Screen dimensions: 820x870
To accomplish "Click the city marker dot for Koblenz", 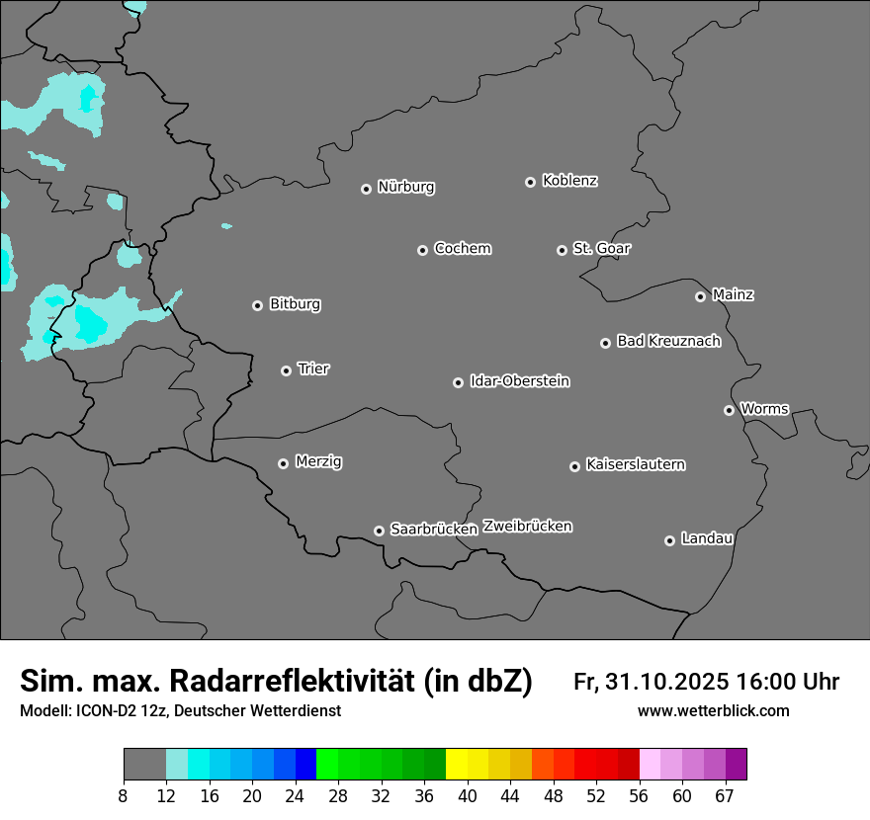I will pyautogui.click(x=530, y=182).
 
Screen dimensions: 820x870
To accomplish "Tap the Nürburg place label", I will pyautogui.click(x=405, y=187).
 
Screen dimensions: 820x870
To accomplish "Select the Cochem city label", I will pyautogui.click(x=462, y=248).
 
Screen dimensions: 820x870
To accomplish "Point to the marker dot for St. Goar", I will pyautogui.click(x=562, y=250).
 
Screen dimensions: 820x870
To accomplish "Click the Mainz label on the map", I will pyautogui.click(x=733, y=294).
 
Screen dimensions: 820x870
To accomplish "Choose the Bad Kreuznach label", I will pyautogui.click(x=668, y=341).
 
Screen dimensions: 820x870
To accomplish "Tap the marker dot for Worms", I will pyautogui.click(x=729, y=410).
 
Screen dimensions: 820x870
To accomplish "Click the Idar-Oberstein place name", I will pyautogui.click(x=519, y=380).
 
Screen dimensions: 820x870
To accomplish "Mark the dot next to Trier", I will pyautogui.click(x=286, y=370).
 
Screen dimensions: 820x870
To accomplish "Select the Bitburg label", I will pyautogui.click(x=295, y=304).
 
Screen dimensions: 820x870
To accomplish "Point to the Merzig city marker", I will pyautogui.click(x=283, y=463).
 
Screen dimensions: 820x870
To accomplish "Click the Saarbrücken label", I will pyautogui.click(x=434, y=530).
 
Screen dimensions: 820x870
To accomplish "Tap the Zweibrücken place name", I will pyautogui.click(x=527, y=527).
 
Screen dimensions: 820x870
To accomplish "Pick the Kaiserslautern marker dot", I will pyautogui.click(x=574, y=466).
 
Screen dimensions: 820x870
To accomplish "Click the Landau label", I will pyautogui.click(x=707, y=538).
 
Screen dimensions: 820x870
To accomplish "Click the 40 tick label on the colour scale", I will pyautogui.click(x=468, y=796).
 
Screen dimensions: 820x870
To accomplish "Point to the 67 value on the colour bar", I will pyautogui.click(x=725, y=796).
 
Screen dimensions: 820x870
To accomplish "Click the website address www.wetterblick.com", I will pyautogui.click(x=713, y=711).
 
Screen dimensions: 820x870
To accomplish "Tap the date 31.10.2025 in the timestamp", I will pyautogui.click(x=664, y=682).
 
